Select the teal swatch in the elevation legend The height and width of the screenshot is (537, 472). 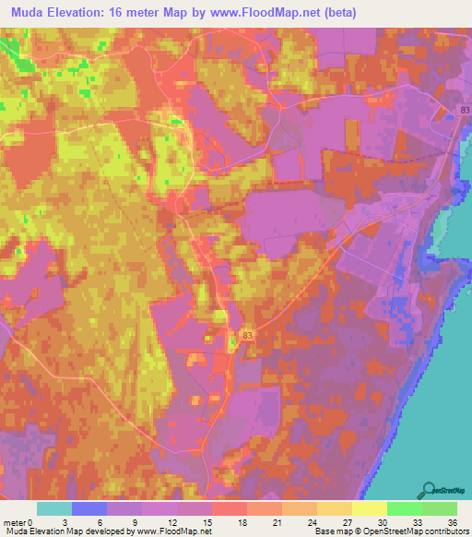(54, 508)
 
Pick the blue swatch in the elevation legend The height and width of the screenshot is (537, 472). (89, 508)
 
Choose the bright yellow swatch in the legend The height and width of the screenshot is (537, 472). (370, 508)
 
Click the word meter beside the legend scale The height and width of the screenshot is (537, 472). (16, 521)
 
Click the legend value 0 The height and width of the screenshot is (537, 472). (31, 521)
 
